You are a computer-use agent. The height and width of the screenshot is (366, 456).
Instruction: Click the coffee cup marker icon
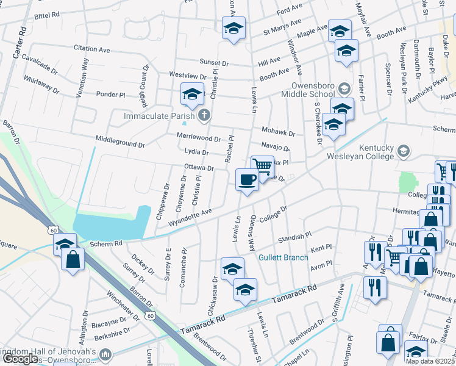tap(247, 179)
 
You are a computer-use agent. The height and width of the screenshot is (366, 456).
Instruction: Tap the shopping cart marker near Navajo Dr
tap(262, 166)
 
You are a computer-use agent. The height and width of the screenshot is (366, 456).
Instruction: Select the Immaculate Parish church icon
tap(205, 115)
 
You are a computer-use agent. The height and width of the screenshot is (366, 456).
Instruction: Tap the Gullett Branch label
tap(283, 257)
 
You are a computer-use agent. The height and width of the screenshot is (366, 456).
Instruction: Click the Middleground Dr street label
tap(120, 145)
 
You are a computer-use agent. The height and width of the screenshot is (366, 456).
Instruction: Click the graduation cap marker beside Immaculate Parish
tap(192, 95)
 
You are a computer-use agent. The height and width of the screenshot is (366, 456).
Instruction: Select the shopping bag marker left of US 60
tap(73, 259)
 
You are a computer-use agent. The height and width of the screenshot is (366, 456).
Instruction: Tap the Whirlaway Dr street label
tap(41, 85)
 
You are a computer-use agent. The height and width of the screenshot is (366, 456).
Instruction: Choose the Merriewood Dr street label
tap(198, 139)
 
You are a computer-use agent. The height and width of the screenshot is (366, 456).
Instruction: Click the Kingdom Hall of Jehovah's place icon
tap(107, 354)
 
